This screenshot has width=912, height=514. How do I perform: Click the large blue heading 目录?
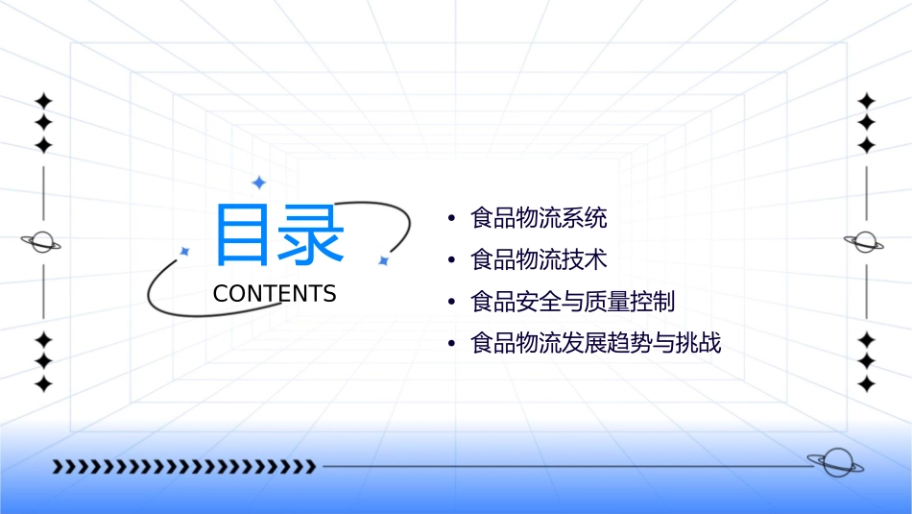click(278, 235)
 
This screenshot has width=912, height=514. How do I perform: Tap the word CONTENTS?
click(275, 294)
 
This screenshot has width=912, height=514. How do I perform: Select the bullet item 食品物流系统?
click(539, 218)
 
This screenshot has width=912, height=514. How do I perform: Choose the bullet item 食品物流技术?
click(539, 259)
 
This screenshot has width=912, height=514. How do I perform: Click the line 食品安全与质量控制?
click(573, 302)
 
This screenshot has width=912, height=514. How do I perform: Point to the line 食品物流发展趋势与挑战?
click(595, 343)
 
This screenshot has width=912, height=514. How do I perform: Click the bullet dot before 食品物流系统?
click(452, 219)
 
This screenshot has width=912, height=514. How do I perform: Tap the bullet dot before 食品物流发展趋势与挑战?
click(452, 344)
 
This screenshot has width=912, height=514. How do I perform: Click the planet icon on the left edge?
click(42, 242)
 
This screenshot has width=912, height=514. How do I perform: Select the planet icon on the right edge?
click(866, 242)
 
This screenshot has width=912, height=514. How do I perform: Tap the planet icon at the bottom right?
click(833, 463)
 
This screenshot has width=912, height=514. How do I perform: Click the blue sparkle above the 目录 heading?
click(258, 183)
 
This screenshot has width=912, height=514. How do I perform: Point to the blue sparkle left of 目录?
click(184, 252)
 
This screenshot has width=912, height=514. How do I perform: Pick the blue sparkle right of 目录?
click(382, 260)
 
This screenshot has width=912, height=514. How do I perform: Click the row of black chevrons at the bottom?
click(184, 467)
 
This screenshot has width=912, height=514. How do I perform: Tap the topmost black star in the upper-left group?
click(43, 101)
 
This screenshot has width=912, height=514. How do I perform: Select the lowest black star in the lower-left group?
click(43, 384)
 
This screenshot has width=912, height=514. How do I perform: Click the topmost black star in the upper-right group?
click(867, 101)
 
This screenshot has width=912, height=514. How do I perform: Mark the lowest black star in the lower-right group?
click(867, 384)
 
